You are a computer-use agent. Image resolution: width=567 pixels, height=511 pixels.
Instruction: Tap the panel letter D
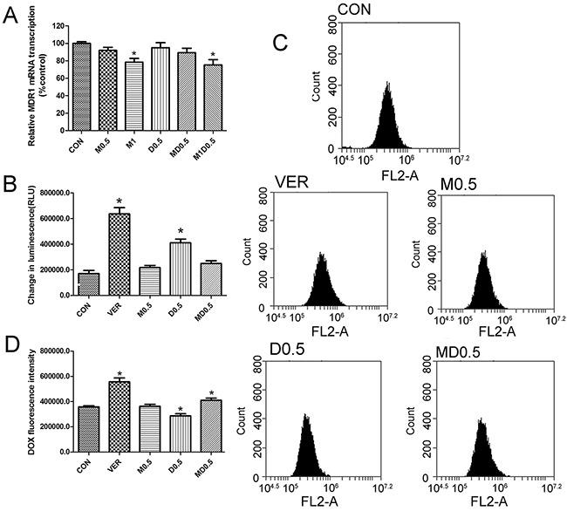(12, 358)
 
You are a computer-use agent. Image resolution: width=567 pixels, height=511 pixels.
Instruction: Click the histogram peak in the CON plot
(384, 85)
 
